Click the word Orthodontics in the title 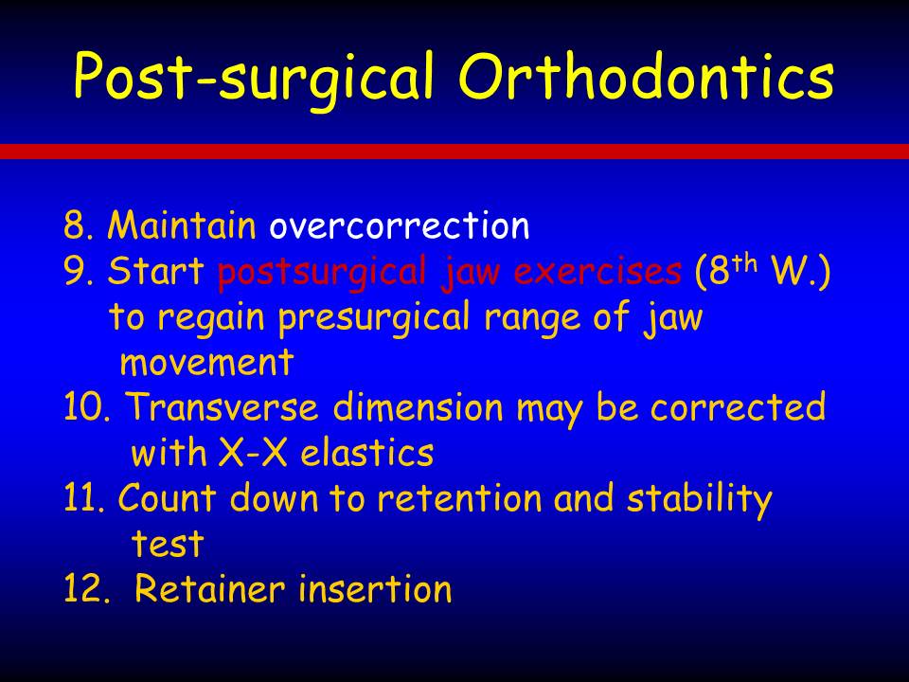click(646, 76)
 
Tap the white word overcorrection click(400, 225)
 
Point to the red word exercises click(597, 271)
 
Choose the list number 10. click(87, 407)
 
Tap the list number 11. click(84, 498)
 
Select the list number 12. click(87, 588)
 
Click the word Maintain click(182, 225)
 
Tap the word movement click(207, 364)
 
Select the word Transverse click(223, 406)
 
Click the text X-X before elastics click(253, 453)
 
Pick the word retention click(459, 498)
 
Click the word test click(168, 544)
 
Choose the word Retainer click(210, 588)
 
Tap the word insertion click(375, 588)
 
